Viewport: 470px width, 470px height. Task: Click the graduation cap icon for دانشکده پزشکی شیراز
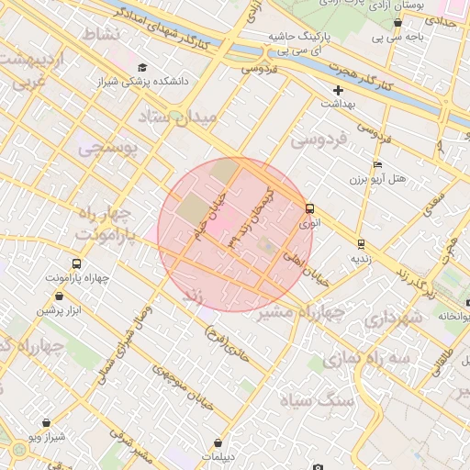pyautogui.click(x=142, y=67)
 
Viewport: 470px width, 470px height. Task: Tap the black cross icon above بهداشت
pyautogui.click(x=339, y=90)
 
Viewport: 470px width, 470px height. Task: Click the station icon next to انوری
pyautogui.click(x=309, y=208)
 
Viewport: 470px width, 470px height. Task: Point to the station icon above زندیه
pyautogui.click(x=361, y=244)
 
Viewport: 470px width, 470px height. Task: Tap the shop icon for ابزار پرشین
pyautogui.click(x=61, y=296)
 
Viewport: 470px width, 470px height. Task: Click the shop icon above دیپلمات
pyautogui.click(x=218, y=443)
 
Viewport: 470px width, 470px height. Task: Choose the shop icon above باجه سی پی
pyautogui.click(x=397, y=22)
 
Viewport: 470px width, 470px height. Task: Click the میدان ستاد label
pyautogui.click(x=177, y=117)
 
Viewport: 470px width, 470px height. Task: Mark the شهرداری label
pyautogui.click(x=392, y=318)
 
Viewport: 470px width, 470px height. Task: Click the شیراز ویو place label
pyautogui.click(x=46, y=436)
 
